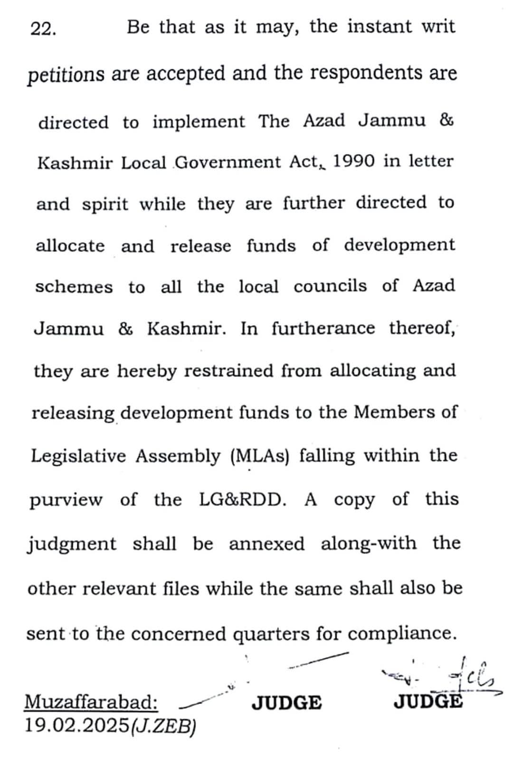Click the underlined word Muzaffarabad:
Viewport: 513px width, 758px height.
pos(91,702)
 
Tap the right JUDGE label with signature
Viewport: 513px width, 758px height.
pos(427,701)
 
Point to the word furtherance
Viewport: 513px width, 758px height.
pos(323,328)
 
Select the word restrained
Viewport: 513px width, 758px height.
pos(228,371)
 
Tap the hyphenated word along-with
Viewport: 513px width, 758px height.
pos(369,543)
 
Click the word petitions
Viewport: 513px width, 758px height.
pos(66,75)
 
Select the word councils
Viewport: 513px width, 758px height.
pos(330,286)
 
